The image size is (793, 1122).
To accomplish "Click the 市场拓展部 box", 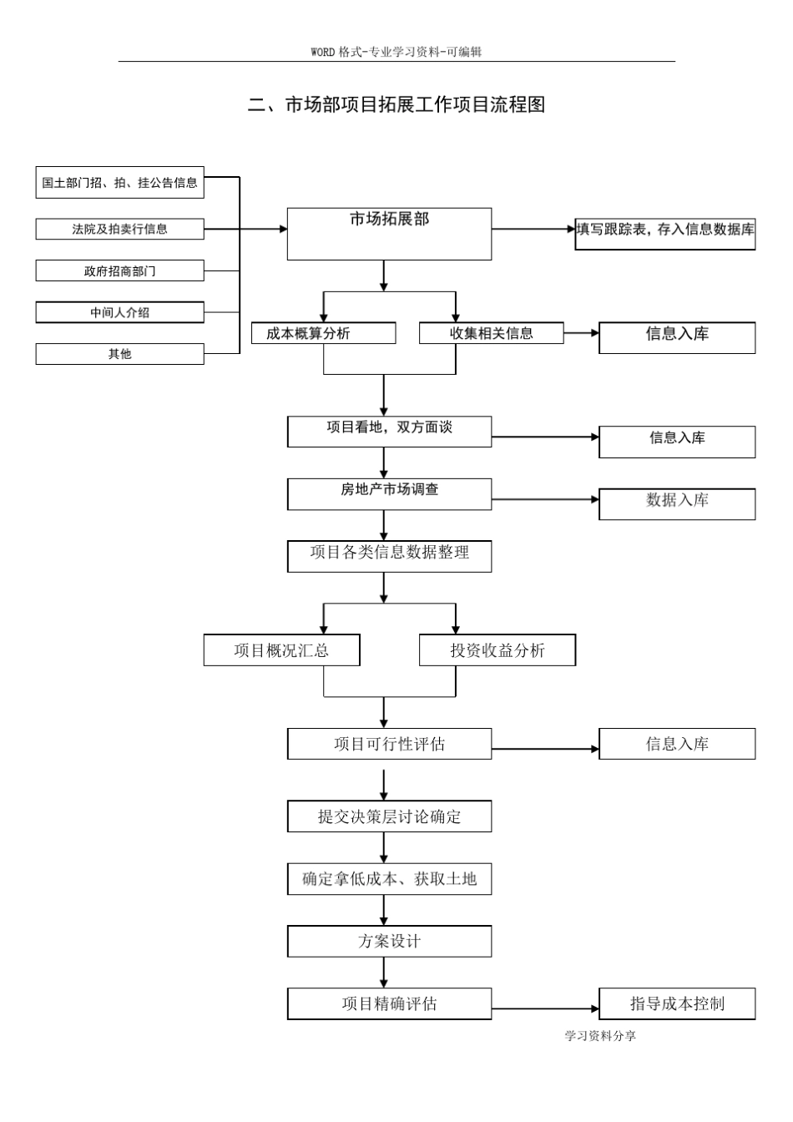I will click(x=389, y=234).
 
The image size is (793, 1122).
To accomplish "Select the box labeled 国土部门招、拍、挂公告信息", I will click(x=119, y=183).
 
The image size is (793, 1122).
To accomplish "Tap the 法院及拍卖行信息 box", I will click(x=119, y=229).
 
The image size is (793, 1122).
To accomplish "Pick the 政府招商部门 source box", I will click(x=119, y=270).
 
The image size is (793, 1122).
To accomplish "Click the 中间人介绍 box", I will click(x=119, y=312).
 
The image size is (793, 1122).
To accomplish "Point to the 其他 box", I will click(x=119, y=354).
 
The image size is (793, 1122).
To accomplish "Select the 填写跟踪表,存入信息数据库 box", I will click(x=664, y=234).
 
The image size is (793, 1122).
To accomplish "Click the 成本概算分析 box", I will click(x=323, y=333).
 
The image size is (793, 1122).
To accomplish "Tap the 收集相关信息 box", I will click(x=491, y=333).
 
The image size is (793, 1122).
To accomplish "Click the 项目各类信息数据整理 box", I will click(x=389, y=556).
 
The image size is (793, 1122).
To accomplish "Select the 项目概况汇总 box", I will click(x=281, y=650).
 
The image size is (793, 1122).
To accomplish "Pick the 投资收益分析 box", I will click(x=497, y=650).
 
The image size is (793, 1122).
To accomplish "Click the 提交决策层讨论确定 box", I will click(x=389, y=816).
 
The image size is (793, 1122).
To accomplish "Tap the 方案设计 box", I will click(x=389, y=941).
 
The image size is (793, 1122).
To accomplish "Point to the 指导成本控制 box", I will click(x=676, y=1003).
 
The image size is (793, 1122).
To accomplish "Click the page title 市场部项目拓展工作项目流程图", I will click(x=396, y=104).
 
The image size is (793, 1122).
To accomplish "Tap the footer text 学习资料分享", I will click(x=600, y=1036).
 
